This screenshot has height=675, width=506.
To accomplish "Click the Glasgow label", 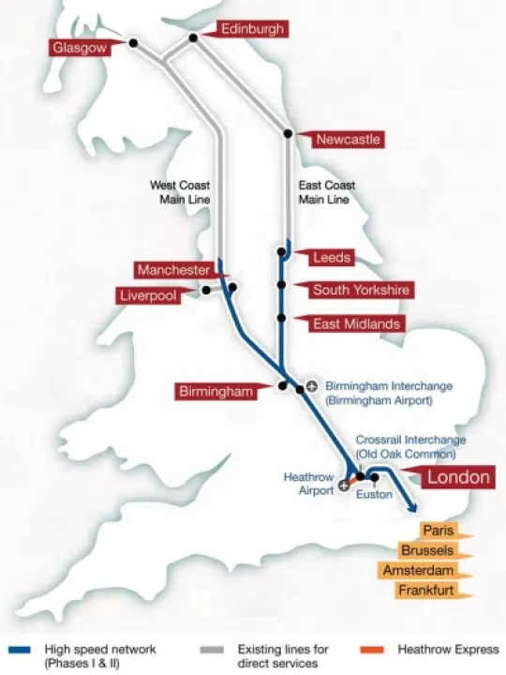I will point(81,48).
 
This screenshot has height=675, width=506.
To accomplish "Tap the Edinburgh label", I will point(252,29).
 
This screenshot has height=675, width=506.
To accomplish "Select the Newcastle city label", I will point(347,139).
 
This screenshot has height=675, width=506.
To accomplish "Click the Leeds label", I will point(331,257).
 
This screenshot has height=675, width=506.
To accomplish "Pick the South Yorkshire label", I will point(360,290).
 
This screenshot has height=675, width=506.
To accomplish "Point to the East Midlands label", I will point(357,323).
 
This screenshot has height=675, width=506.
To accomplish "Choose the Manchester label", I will point(174,270).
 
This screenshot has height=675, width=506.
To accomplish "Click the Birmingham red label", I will point(217,391).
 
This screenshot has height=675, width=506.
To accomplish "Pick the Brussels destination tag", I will point(428,550).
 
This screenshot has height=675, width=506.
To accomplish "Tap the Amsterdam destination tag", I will point(418,571).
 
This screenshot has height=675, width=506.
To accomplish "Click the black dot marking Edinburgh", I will point(194,38).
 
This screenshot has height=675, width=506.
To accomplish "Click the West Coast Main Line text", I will point(181,192).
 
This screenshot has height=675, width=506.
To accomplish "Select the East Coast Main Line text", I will point(323,192).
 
